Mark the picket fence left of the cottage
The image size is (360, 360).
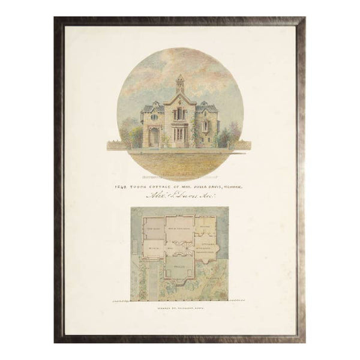coord(123,145)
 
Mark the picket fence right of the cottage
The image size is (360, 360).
coord(240,145)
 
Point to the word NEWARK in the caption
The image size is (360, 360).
coord(238,186)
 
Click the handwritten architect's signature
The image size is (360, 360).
coord(180,197)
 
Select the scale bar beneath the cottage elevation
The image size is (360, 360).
coord(180,178)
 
